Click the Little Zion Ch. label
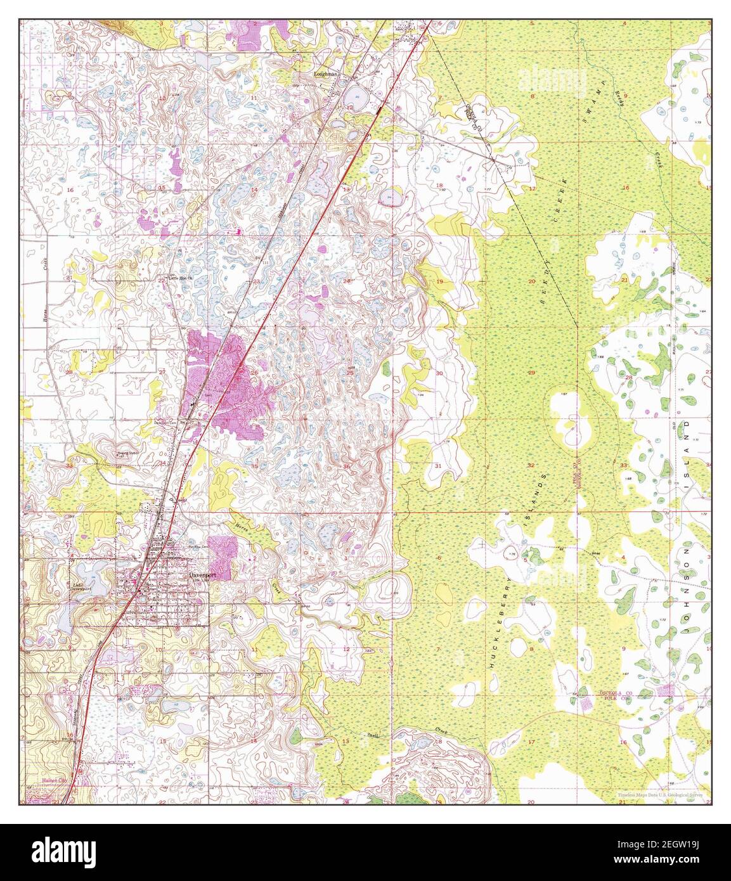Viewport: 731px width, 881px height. click(181, 277)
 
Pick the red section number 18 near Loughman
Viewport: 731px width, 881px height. click(439, 185)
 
